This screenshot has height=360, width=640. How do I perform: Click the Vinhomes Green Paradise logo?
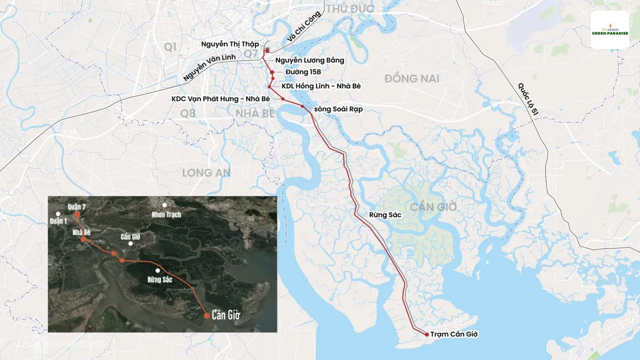click(610, 30)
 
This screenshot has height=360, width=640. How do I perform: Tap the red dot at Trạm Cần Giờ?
click(427, 334)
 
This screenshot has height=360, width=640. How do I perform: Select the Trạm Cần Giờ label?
click(454, 334)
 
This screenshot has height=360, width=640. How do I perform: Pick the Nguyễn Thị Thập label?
click(230, 44)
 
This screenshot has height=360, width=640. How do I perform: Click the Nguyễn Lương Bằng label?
click(310, 60)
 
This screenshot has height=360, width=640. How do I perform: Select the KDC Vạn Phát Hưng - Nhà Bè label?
click(220, 99)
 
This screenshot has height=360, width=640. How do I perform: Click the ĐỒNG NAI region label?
click(412, 79)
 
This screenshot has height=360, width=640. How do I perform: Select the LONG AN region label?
click(206, 173)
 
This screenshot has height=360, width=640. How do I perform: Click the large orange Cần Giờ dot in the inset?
click(206, 315)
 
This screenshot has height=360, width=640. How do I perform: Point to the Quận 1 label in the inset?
click(59, 221)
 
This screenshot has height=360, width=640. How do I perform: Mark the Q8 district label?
click(188, 113)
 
